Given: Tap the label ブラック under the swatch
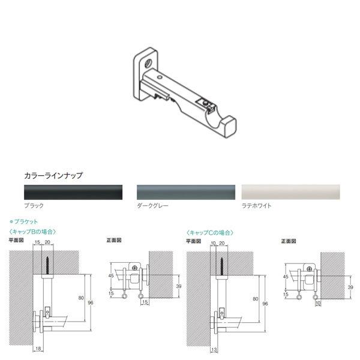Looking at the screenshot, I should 34,205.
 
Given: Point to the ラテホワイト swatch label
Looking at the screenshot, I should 257,205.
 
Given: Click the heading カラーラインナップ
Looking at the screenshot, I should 53,176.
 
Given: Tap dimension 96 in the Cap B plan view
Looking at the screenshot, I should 91,304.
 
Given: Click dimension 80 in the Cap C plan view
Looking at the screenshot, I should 256,298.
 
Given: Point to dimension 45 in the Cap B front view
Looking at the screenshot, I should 110,277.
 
